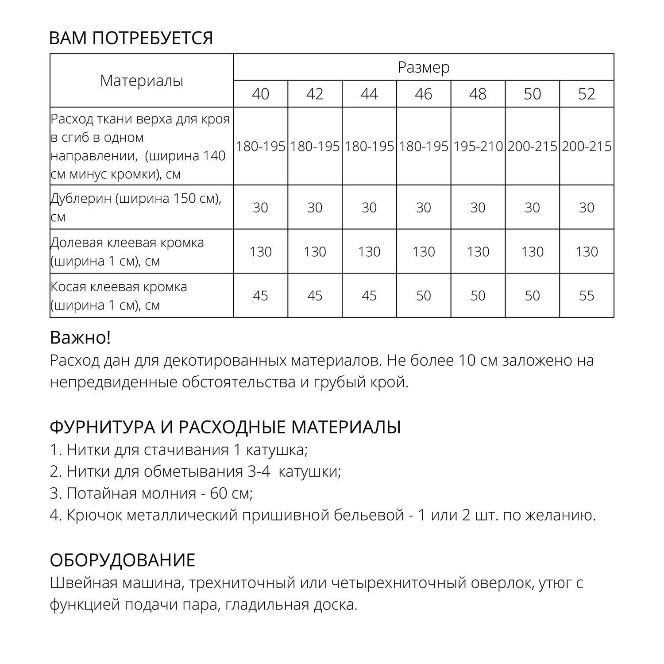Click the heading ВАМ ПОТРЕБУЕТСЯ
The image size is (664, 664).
tap(131, 38)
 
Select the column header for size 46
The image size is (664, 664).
tap(424, 94)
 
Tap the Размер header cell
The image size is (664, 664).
tap(424, 67)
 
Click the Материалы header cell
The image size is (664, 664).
tap(142, 81)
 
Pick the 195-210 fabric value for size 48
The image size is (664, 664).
tap(478, 146)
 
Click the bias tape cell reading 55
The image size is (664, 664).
tap(587, 295)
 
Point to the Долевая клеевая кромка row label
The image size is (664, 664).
tap(127, 251)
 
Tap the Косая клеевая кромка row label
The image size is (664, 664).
tap(119, 296)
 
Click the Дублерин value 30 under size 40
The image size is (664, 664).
tap(260, 207)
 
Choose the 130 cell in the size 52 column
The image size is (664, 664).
tap(587, 251)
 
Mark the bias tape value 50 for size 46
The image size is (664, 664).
tap(424, 295)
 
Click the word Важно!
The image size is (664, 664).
tap(80, 338)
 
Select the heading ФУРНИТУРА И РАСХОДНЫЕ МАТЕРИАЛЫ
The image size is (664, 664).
tap(225, 428)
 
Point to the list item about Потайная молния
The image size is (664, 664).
tap(151, 493)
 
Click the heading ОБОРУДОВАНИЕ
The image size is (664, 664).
tap(122, 560)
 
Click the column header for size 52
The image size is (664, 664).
tap(587, 94)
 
